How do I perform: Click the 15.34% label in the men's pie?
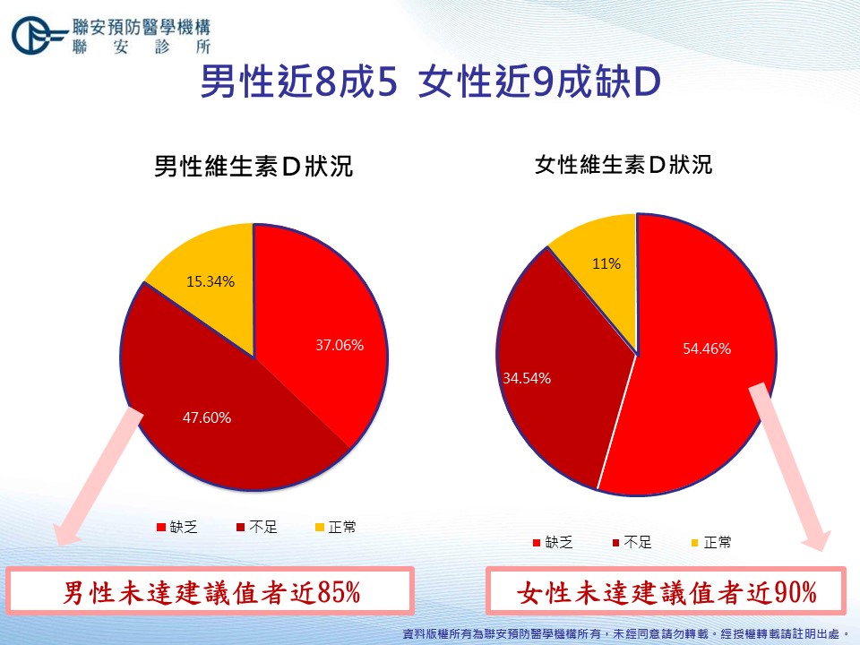click(211, 282)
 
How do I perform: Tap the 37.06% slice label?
click(340, 345)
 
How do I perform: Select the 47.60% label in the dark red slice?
click(207, 418)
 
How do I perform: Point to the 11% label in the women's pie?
click(606, 263)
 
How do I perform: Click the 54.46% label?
click(707, 348)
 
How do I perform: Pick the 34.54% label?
click(527, 378)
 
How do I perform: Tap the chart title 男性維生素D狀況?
click(254, 167)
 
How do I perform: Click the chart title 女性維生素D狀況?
click(623, 165)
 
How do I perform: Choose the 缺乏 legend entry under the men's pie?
click(176, 528)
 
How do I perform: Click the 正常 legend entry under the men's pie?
click(336, 528)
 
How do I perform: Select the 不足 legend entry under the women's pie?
click(632, 543)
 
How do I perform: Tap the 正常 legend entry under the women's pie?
click(711, 543)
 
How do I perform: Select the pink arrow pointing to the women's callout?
click(790, 466)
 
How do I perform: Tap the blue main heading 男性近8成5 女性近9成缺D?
click(430, 82)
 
